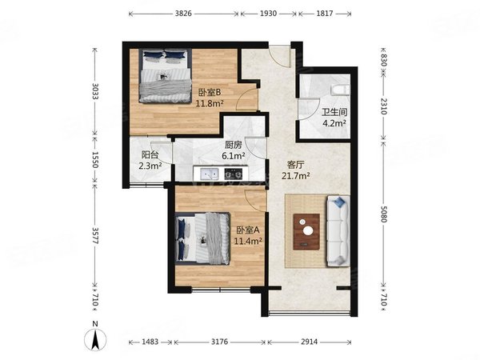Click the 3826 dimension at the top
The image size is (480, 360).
tap(183, 14)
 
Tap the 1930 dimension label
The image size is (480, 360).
tap(269, 14)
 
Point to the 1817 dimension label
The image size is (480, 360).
tap(325, 14)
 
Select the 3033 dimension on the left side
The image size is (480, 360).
tap(94, 91)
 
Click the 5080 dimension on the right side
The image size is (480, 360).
tap(384, 214)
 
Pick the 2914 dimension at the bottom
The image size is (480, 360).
tap(309, 342)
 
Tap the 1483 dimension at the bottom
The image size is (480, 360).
tap(150, 342)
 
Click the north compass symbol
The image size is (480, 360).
tap(95, 337)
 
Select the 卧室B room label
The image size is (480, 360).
tap(210, 92)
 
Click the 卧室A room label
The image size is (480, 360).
tap(248, 230)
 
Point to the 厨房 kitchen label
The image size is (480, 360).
tap(234, 145)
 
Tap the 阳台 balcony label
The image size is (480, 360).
tap(150, 154)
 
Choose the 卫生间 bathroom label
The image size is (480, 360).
tap(334, 112)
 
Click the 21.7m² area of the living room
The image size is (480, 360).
tap(296, 176)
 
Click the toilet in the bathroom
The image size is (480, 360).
tap(340, 90)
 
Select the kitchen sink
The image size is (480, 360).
tap(210, 174)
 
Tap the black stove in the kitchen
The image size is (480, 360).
tap(234, 174)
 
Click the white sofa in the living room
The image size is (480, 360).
tap(338, 231)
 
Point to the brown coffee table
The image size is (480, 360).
tap(306, 232)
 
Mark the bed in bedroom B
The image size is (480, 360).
tap(166, 76)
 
